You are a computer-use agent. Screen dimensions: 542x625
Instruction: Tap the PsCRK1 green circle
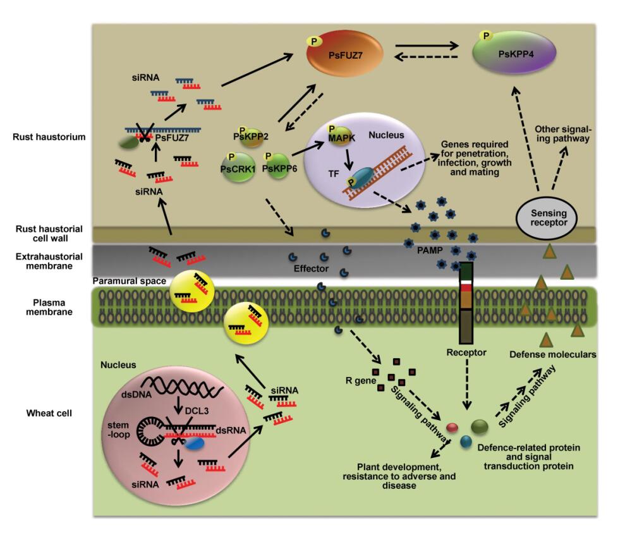238,169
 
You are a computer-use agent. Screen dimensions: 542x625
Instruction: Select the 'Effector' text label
310,268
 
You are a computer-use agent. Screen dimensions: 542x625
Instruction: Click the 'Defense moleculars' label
553,354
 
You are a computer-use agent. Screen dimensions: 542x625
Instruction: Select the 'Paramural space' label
130,280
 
